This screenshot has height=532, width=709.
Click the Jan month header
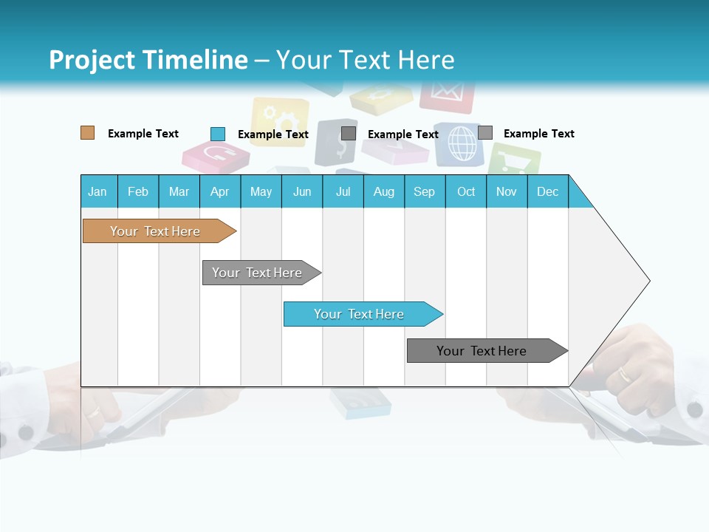[97, 191]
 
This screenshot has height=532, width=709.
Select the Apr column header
[219, 191]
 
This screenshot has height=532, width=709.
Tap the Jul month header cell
[343, 191]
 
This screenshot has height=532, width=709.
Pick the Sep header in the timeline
[424, 191]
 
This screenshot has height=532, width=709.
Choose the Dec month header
[547, 191]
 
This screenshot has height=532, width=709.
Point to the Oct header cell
[465, 191]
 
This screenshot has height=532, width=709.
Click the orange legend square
[87, 133]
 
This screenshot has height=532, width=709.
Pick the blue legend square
[217, 134]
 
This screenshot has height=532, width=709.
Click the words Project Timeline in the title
[148, 60]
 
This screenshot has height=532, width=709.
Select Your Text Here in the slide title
[365, 60]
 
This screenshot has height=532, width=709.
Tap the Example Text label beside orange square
[143, 134]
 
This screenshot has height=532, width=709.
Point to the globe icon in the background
[462, 143]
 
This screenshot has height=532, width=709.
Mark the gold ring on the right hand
[624, 374]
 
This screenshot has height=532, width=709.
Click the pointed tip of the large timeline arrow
[648, 281]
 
